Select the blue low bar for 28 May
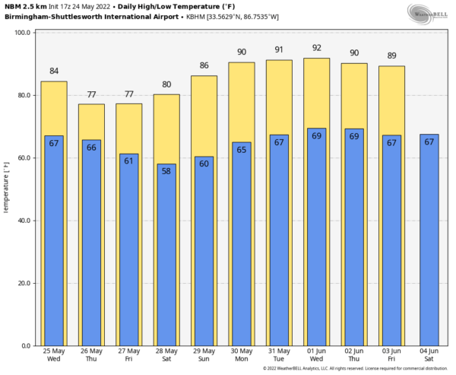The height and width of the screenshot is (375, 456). (x=166, y=255)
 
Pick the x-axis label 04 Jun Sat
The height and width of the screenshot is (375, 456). (x=429, y=355)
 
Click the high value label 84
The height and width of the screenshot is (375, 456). (x=54, y=72)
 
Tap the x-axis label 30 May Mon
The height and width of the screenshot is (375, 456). (x=241, y=355)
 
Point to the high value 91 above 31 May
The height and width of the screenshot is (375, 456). (x=279, y=50)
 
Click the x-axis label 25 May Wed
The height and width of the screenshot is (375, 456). (x=54, y=355)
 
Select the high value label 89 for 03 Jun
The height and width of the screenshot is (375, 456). (x=392, y=56)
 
